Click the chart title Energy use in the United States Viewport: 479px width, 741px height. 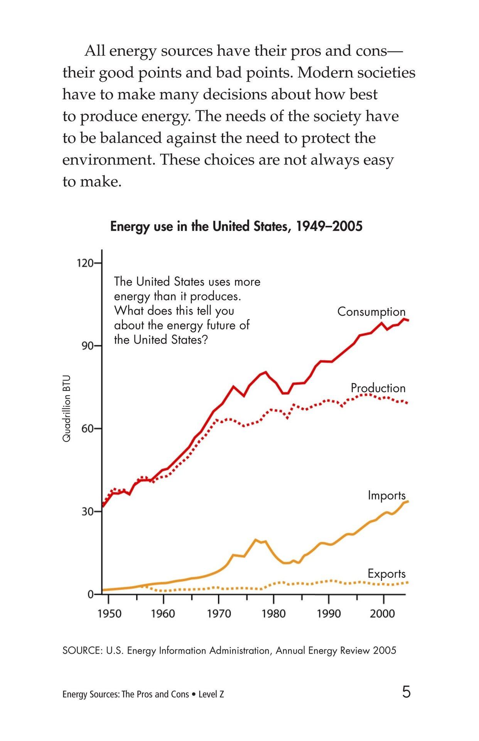236,226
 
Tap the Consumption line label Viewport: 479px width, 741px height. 371,311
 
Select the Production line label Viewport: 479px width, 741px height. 378,388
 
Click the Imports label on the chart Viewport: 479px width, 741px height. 386,495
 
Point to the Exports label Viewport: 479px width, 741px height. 386,574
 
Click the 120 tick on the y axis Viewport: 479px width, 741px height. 85,263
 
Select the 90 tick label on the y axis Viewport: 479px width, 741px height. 88,346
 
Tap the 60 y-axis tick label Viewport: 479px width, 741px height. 88,429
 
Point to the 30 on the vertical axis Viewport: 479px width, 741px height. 88,512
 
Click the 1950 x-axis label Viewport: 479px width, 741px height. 110,614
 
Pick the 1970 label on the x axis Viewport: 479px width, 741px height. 219,614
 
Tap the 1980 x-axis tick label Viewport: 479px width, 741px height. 273,614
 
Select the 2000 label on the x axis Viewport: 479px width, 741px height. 382,614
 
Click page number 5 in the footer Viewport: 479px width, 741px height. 406,692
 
